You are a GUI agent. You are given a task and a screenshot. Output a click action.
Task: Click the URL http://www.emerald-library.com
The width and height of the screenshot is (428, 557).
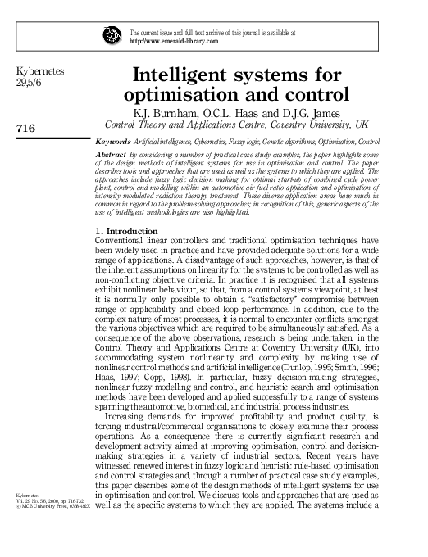175,40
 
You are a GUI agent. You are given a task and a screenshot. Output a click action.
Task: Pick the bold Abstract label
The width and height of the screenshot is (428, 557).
112,153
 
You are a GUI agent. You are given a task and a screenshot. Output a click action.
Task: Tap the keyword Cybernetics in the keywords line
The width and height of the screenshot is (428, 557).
203,141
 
